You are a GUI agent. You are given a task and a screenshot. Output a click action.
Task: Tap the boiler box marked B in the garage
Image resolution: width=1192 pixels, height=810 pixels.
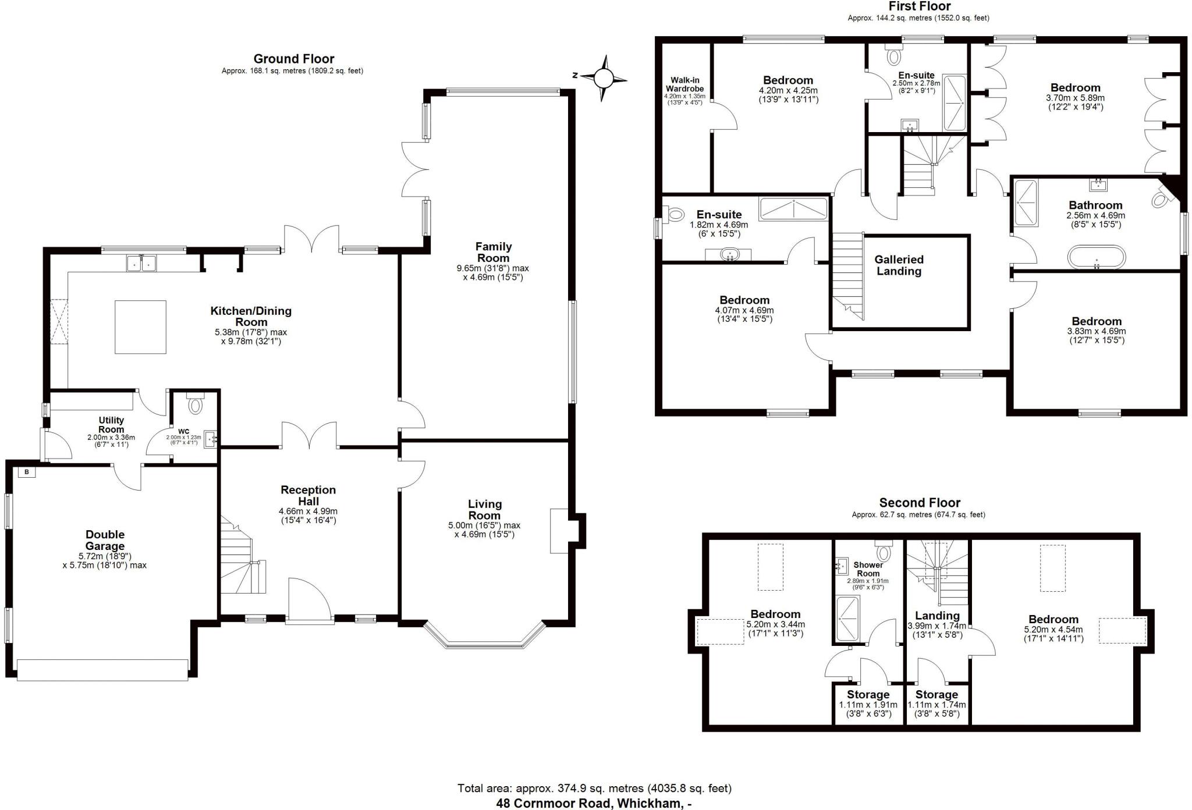26,472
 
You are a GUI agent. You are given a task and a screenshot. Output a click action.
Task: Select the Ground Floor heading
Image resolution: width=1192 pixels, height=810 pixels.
293,59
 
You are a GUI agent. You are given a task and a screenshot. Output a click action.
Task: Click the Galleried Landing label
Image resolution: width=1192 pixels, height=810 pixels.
899,265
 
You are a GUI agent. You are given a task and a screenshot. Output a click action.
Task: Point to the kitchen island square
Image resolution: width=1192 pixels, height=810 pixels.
140,327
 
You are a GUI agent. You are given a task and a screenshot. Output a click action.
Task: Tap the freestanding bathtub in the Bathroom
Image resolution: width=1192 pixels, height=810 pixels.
1096,257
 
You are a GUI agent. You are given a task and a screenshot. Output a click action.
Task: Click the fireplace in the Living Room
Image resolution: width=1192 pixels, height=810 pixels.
559,531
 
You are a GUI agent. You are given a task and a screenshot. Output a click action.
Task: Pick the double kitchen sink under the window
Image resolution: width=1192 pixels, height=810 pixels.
141,263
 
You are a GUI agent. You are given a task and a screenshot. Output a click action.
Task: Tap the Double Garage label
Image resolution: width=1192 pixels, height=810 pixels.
105,540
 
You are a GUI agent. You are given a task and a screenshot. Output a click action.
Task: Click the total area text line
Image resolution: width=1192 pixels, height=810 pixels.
594,788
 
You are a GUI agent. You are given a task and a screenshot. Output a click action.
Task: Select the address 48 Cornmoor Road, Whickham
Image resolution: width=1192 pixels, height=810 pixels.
594,804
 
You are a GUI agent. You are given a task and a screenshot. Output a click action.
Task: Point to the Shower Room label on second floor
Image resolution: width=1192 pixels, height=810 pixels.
868,569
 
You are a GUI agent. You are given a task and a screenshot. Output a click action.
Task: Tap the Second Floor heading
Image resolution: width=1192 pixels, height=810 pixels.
919,503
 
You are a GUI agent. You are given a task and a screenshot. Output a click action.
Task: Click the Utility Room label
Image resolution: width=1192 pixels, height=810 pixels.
111,425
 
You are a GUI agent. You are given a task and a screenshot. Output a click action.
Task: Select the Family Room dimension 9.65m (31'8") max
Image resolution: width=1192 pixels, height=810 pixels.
492,268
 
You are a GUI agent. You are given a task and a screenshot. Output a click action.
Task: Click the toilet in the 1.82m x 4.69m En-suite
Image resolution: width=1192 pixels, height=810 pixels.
675,215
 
